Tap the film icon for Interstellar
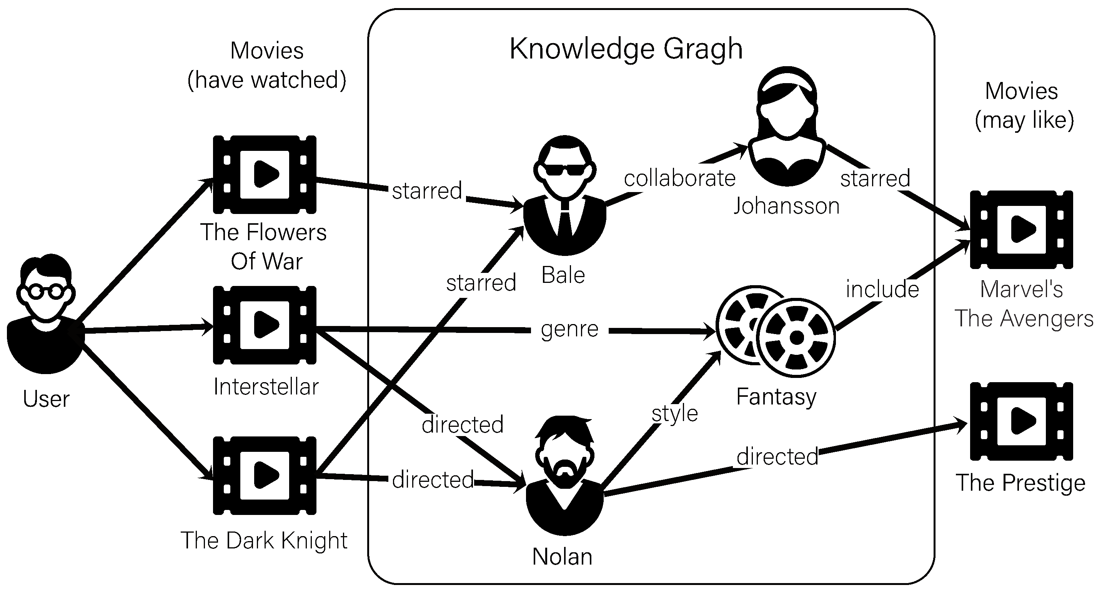[x=265, y=325]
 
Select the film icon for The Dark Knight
[x=265, y=475]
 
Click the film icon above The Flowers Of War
[x=265, y=175]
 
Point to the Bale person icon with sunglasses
[x=565, y=196]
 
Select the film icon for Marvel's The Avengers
[x=1021, y=230]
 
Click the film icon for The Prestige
[x=1021, y=421]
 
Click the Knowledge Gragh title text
[x=626, y=48]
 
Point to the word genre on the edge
[x=569, y=329]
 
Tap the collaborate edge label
[x=680, y=179]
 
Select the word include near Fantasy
[x=882, y=289]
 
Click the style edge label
[x=674, y=413]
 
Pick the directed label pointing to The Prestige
[x=777, y=456]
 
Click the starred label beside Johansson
[x=875, y=179]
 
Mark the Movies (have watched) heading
[x=267, y=65]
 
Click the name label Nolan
[x=562, y=557]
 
